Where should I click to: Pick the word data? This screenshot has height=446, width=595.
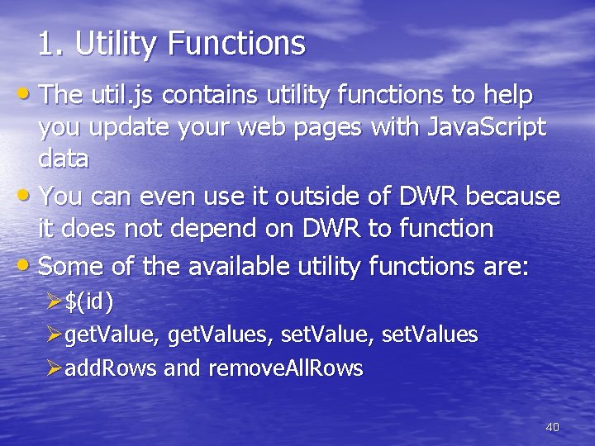(x=64, y=158)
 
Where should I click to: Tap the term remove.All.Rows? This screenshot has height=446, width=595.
(x=285, y=368)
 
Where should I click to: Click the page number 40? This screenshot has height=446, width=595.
(x=553, y=427)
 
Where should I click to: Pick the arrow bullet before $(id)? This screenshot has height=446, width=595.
(x=55, y=303)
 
